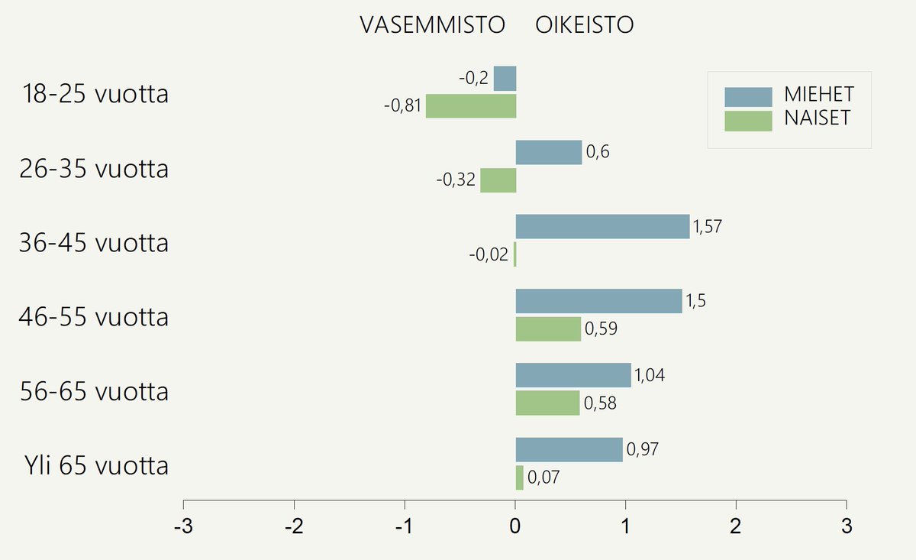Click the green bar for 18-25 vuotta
(x=471, y=106)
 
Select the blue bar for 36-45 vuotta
(x=602, y=227)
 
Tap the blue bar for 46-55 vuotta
(x=598, y=301)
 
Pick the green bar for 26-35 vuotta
(x=498, y=180)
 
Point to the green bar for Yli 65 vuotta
(x=520, y=477)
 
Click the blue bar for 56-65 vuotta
(x=573, y=375)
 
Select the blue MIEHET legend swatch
(x=748, y=96)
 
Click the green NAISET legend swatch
(x=748, y=120)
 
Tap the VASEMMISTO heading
(x=433, y=25)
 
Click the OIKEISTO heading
(x=585, y=25)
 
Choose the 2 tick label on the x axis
(x=736, y=527)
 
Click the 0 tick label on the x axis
(x=515, y=527)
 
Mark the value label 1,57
(x=707, y=226)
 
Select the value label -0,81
(x=402, y=106)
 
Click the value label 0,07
(x=543, y=478)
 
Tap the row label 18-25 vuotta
(x=95, y=95)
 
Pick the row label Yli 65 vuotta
(x=95, y=465)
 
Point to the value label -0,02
(x=489, y=254)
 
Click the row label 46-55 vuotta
(x=94, y=316)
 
